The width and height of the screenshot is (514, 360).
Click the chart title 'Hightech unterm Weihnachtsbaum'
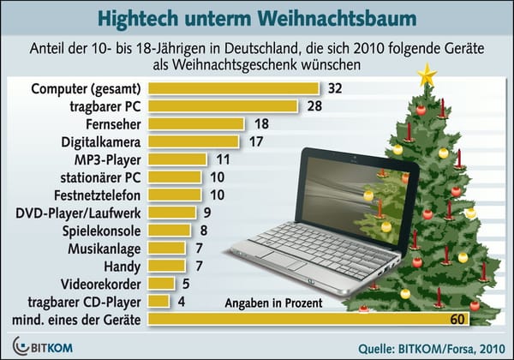[257, 17]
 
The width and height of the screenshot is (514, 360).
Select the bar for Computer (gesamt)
[233, 88]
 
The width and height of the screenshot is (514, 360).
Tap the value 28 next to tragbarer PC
[313, 106]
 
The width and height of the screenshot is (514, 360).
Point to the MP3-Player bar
[177, 159]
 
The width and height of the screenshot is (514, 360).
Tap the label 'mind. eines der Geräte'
[77, 319]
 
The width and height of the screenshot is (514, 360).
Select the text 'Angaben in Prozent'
[273, 302]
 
